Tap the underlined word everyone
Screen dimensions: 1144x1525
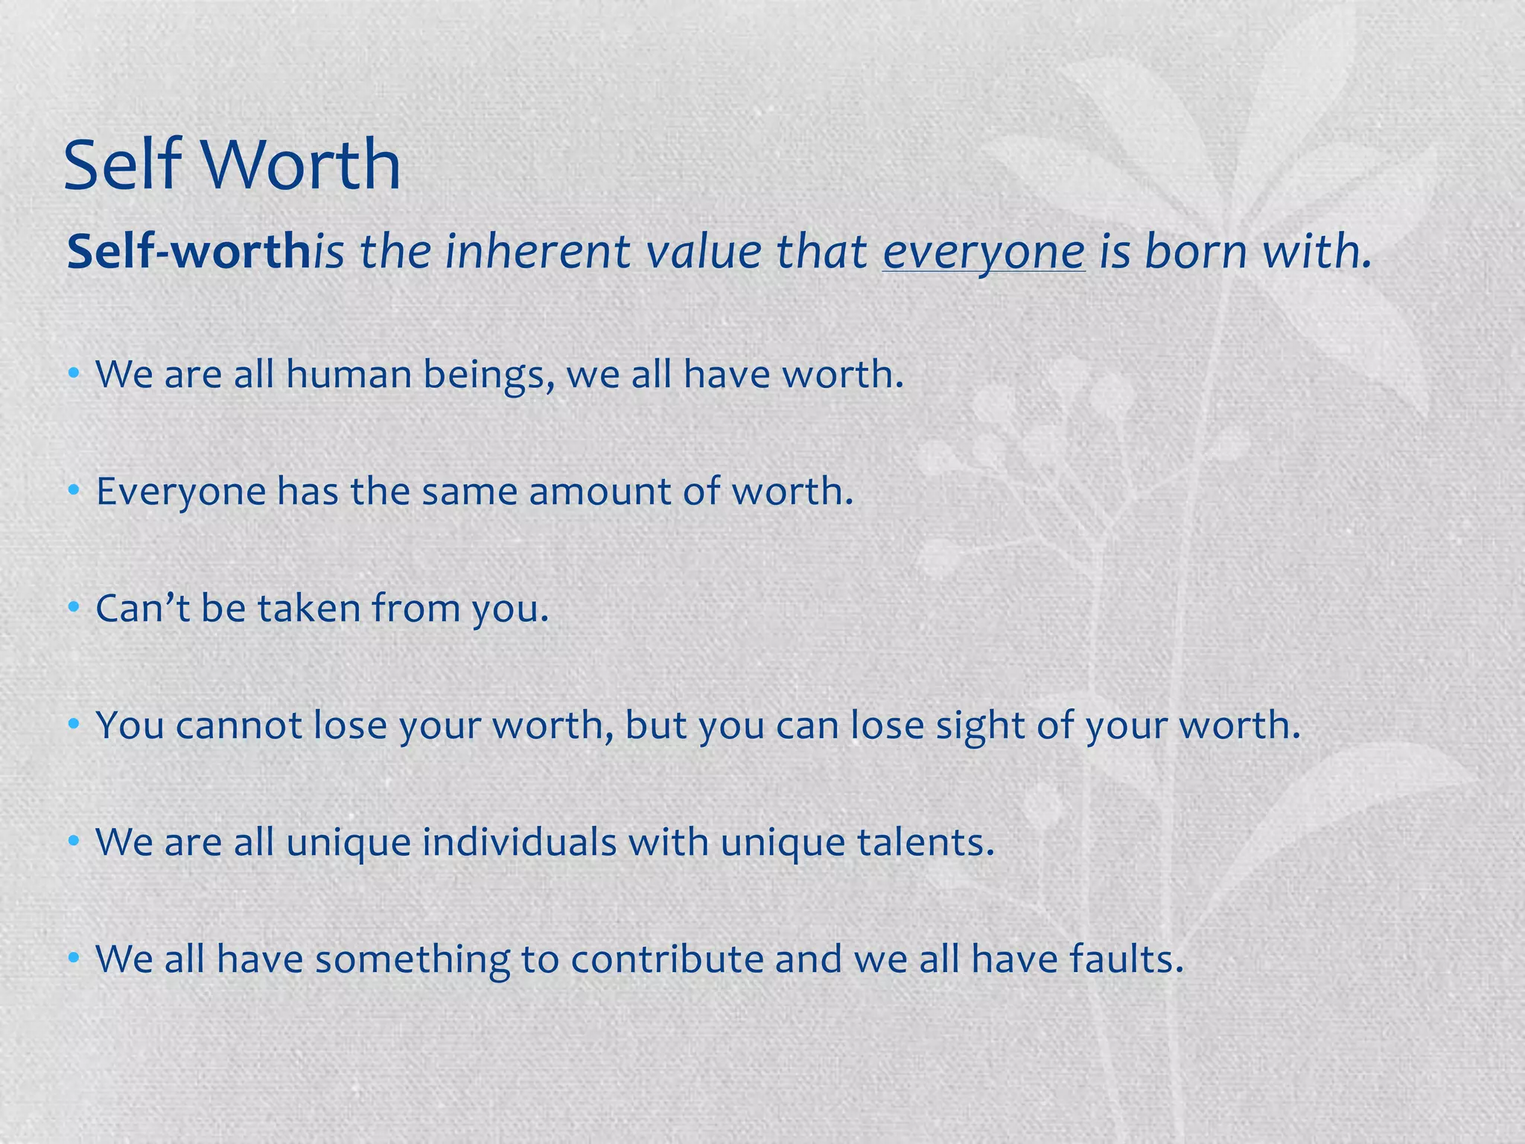[983, 251]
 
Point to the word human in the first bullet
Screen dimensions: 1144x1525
[348, 374]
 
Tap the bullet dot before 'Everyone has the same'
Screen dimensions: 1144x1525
[73, 491]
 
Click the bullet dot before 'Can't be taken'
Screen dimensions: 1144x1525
[73, 608]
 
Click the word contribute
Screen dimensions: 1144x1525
[666, 959]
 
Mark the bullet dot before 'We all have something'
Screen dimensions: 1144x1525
[73, 959]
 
